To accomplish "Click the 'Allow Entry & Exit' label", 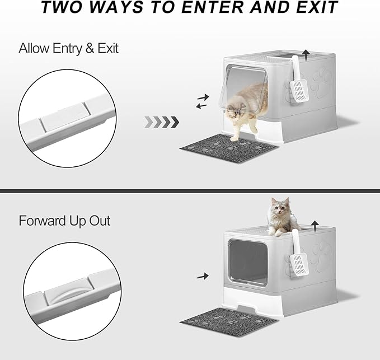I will click(x=68, y=48).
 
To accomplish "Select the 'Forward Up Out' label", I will click(x=64, y=221).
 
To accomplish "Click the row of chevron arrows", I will click(x=162, y=121).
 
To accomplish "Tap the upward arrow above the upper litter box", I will click(x=306, y=54).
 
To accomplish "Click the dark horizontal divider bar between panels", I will click(x=190, y=191).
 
